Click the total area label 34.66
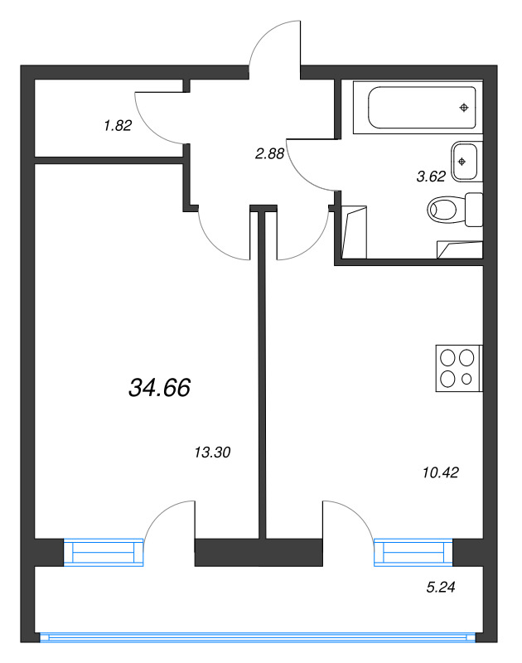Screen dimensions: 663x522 (x=160, y=386)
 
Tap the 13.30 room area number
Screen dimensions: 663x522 (x=211, y=452)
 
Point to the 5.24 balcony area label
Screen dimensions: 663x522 (x=440, y=588)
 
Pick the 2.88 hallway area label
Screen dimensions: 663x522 (x=270, y=152)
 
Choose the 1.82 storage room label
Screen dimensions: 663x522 (x=118, y=126)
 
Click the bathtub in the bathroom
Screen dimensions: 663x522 (x=418, y=107)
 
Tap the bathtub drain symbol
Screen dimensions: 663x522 (x=464, y=108)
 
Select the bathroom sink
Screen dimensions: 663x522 (x=465, y=160)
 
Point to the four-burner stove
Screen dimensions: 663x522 (x=458, y=368)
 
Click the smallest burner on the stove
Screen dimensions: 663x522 (x=466, y=379)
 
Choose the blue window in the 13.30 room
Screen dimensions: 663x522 (x=104, y=551)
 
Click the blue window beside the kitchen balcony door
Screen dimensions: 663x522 (x=413, y=551)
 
